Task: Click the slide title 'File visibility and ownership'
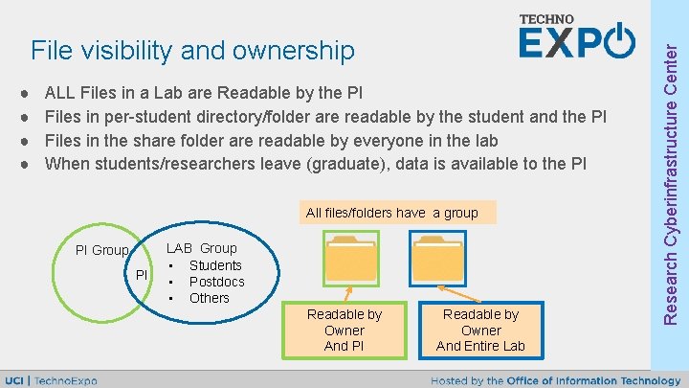[x=192, y=49]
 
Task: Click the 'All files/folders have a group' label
[x=391, y=213]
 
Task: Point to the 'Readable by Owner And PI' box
[x=344, y=330]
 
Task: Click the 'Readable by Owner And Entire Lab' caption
[x=480, y=330]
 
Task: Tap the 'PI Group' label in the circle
[x=101, y=250]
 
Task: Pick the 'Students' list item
[x=215, y=265]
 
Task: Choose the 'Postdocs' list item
[x=216, y=282]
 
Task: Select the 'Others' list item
[x=210, y=298]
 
